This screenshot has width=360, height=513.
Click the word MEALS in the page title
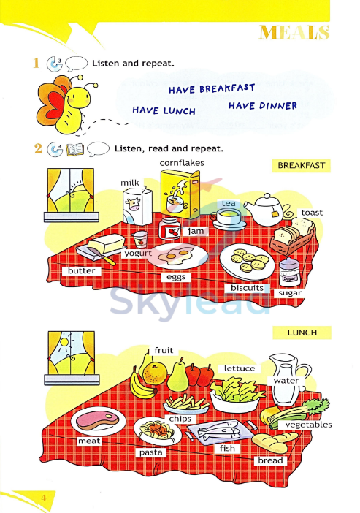(x=294, y=33)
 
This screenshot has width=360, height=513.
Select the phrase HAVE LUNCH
(x=164, y=110)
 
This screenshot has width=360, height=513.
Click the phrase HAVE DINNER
(x=262, y=106)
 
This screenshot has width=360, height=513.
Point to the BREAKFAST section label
(x=301, y=166)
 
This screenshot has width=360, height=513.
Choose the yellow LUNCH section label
(x=302, y=332)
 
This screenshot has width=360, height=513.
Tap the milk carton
(x=136, y=205)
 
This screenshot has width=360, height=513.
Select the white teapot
(x=263, y=208)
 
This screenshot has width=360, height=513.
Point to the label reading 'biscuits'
(x=247, y=288)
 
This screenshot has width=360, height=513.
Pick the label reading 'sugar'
(x=289, y=292)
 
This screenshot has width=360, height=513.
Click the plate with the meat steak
(x=93, y=422)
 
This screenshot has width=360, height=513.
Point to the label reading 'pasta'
(x=151, y=452)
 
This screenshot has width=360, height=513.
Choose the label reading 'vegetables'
(x=307, y=425)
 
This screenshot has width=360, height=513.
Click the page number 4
(x=43, y=498)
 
